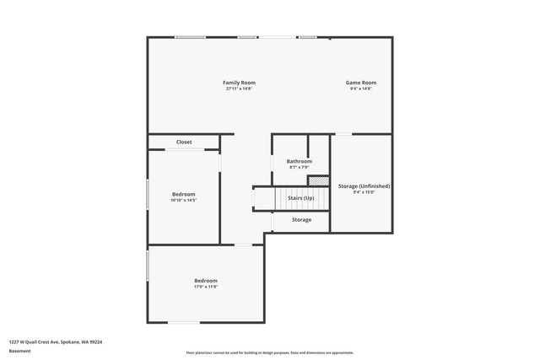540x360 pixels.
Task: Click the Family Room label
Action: point(239,83)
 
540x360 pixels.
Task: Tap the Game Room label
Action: point(360,83)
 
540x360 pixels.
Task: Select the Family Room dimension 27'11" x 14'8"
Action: point(239,89)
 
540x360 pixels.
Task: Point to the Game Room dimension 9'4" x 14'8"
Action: point(360,89)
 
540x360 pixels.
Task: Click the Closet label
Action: point(184,142)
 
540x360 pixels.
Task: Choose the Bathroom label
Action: point(299,161)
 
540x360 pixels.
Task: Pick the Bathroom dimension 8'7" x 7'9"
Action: point(299,167)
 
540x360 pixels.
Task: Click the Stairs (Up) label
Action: point(301,198)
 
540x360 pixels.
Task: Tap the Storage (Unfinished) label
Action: point(364,185)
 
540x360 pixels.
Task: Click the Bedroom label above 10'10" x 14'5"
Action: point(184,194)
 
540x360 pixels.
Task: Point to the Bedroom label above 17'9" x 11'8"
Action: point(206,281)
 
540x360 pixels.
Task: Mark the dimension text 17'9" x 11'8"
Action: point(206,287)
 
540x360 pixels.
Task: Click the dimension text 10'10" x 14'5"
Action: point(184,200)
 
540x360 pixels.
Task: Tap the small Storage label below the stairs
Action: point(301,220)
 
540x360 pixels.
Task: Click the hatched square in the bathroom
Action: point(317,180)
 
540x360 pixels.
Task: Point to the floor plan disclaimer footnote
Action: point(269,352)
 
